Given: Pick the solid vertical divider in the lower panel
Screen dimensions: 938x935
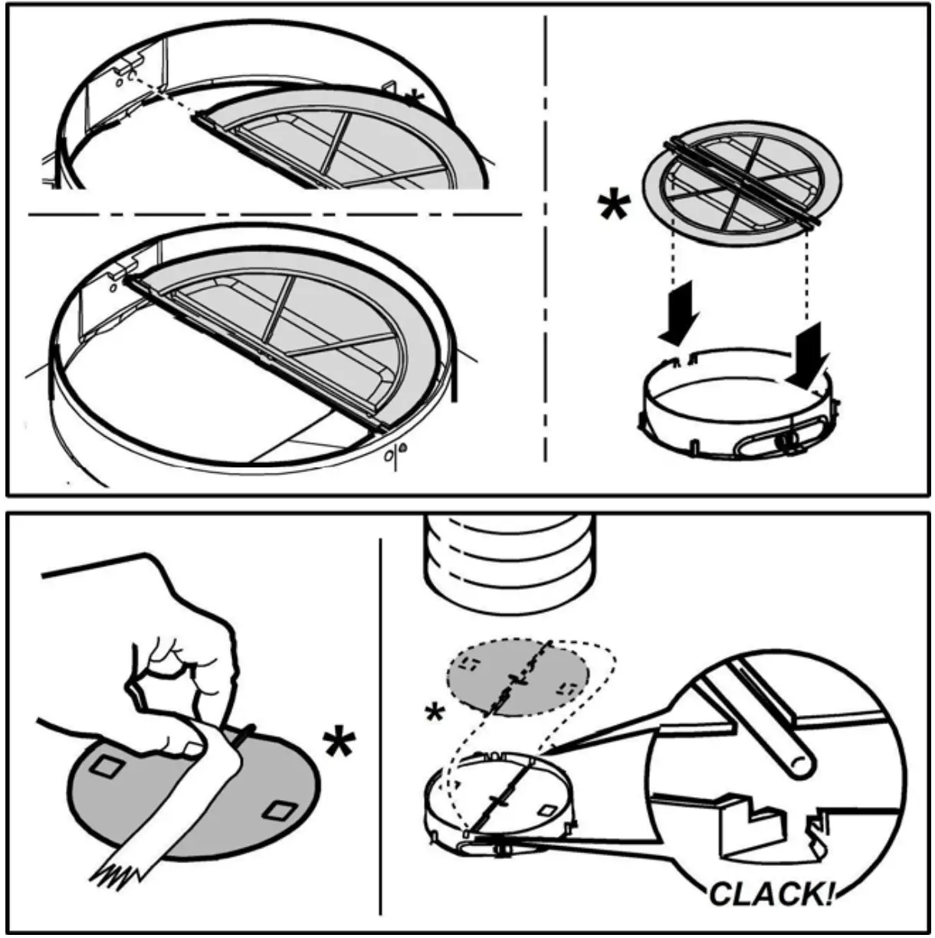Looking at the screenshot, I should point(381,728).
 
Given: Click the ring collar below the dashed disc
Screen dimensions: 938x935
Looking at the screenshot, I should point(498,805).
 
